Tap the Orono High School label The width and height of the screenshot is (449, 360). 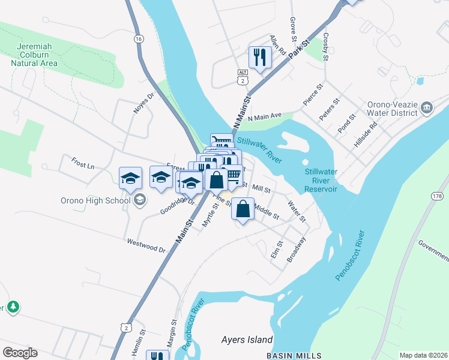point(97,200)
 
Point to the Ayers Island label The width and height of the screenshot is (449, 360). point(247,340)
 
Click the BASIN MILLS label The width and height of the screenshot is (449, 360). point(294,355)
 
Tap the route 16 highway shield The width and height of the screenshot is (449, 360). point(139,38)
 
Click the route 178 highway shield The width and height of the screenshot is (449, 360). point(436,196)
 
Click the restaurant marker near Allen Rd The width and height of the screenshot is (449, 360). point(260,58)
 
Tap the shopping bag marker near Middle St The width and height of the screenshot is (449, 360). point(243,209)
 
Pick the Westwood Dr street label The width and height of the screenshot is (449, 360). point(146,245)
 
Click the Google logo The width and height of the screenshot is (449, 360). point(20,353)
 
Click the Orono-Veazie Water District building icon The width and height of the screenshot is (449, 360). point(427,107)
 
